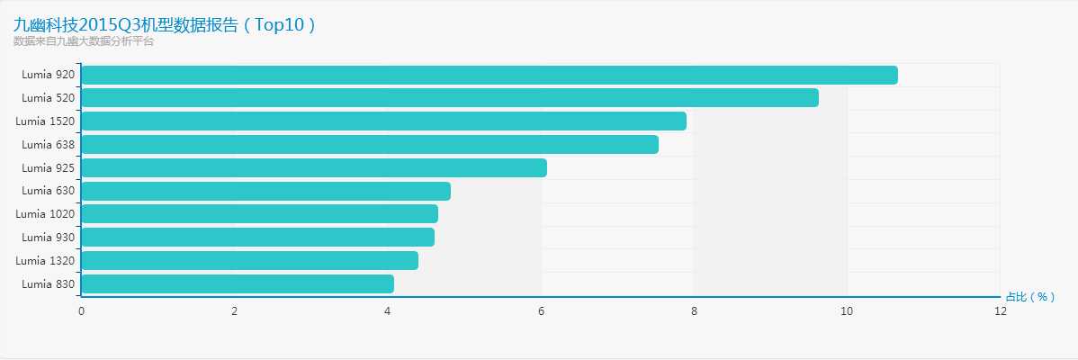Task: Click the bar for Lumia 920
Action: pyautogui.click(x=490, y=75)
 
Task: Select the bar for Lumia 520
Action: pyautogui.click(x=450, y=97)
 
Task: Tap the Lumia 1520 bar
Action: pyautogui.click(x=384, y=121)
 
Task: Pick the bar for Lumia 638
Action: pyautogui.click(x=370, y=144)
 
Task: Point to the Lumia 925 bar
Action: pyautogui.click(x=314, y=167)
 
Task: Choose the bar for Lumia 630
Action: pyautogui.click(x=266, y=191)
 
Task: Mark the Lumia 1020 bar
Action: pyautogui.click(x=260, y=213)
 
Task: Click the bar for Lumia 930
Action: pyautogui.click(x=258, y=237)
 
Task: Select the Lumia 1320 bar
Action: pyautogui.click(x=250, y=260)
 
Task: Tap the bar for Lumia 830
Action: pyautogui.click(x=238, y=283)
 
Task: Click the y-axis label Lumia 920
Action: pyautogui.click(x=49, y=75)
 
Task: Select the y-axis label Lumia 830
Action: pyautogui.click(x=49, y=284)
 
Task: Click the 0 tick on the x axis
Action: pyautogui.click(x=82, y=311)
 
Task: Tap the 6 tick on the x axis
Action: pyautogui.click(x=541, y=311)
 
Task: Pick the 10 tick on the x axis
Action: pyautogui.click(x=847, y=311)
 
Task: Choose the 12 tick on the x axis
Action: pyautogui.click(x=1000, y=311)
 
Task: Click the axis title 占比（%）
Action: pyautogui.click(x=1029, y=297)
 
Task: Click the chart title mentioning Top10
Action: pyautogui.click(x=165, y=24)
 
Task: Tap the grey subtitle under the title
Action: pyautogui.click(x=84, y=41)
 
